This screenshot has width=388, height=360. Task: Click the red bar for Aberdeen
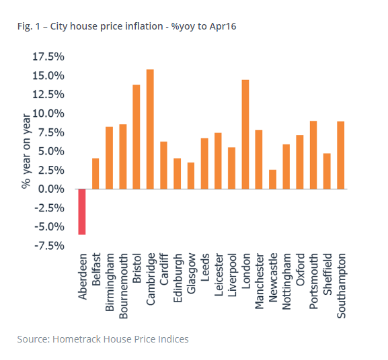coord(82,212)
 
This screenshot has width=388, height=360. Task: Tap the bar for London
coord(245,134)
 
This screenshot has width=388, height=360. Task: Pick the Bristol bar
coord(137,137)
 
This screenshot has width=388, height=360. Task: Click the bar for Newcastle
coord(272,179)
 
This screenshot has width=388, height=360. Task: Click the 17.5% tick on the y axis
coord(48,56)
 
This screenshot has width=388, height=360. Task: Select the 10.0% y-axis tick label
coord(48,114)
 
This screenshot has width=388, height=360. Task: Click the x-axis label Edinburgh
coord(178,275)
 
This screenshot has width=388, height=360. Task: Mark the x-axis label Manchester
coord(259,280)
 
